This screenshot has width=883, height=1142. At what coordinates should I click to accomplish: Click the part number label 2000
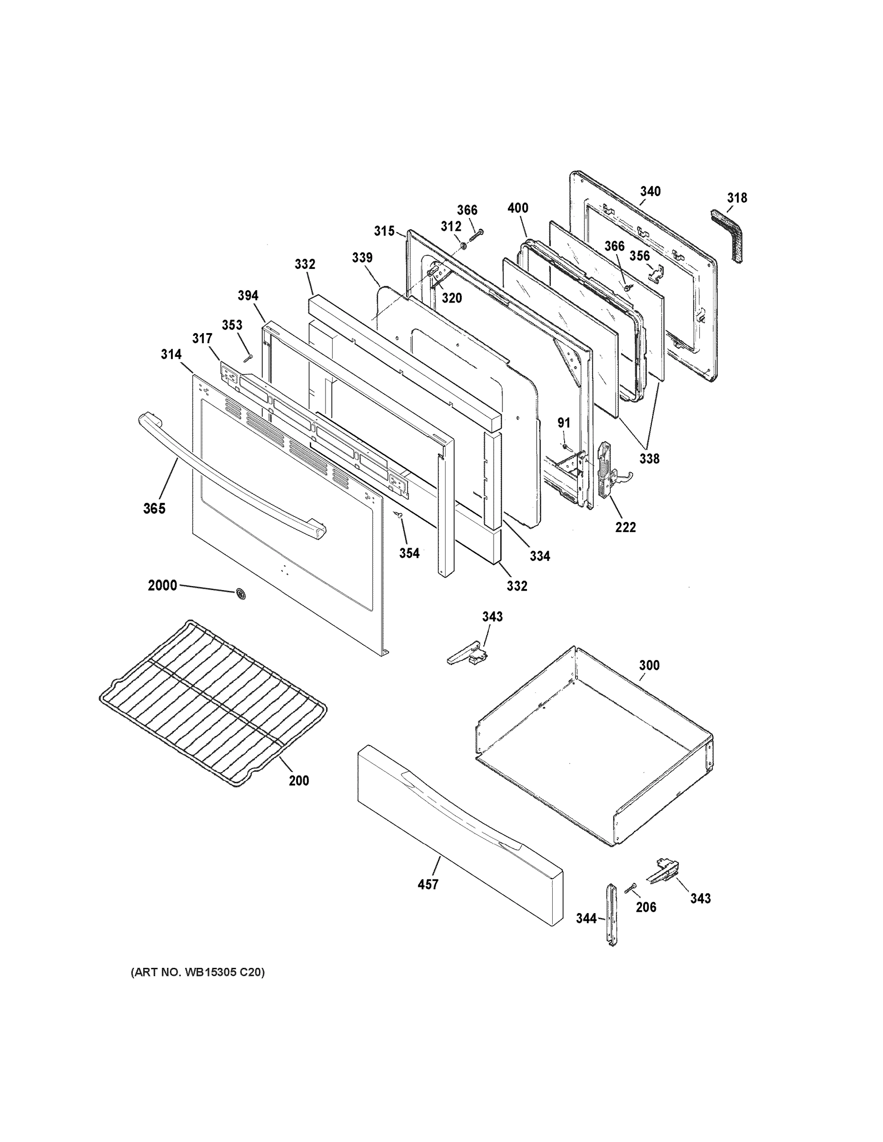point(162,585)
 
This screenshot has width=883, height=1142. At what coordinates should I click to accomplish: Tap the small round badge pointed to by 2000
point(241,594)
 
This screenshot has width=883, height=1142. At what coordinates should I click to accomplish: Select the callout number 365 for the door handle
point(154,508)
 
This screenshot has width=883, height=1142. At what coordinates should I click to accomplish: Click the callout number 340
point(650,191)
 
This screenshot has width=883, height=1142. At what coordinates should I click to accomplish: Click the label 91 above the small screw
point(564,423)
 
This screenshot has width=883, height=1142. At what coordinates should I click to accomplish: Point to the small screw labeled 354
point(399,515)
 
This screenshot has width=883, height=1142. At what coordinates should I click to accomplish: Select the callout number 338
point(649,459)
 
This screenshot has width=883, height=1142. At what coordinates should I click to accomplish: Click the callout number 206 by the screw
point(646,907)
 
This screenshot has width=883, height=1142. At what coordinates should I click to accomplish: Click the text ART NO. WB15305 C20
point(198,972)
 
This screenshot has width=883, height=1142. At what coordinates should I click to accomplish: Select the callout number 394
point(248,296)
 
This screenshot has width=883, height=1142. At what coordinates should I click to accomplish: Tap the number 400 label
point(518,208)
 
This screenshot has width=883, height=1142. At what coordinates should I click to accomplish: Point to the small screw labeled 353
point(249,357)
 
